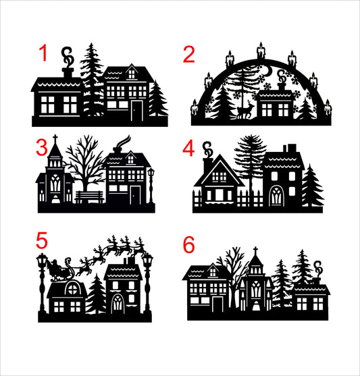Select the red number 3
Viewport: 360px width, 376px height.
click(x=43, y=146)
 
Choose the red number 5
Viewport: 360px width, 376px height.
click(x=43, y=241)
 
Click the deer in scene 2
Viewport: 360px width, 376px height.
click(x=246, y=111)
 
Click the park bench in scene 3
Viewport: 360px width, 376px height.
click(x=89, y=196)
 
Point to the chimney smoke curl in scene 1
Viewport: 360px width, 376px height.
click(x=67, y=53)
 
